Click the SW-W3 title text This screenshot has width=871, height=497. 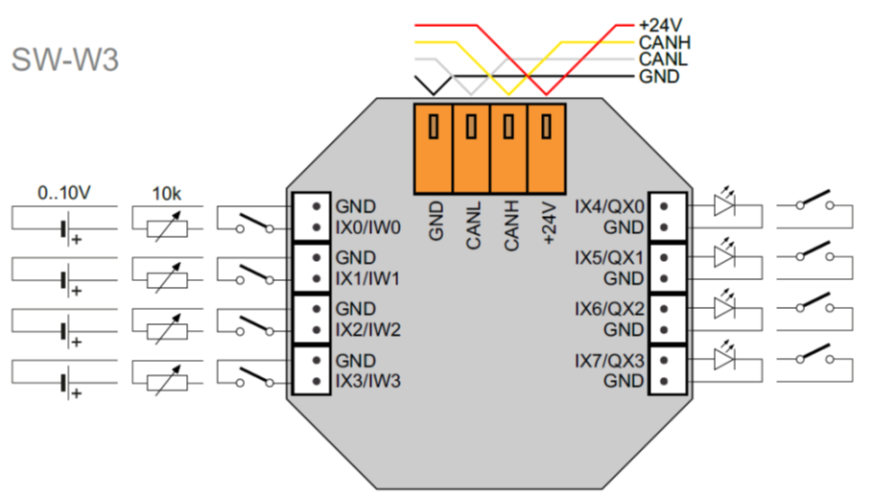pyautogui.click(x=65, y=59)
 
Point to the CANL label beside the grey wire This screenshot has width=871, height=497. pyautogui.click(x=662, y=59)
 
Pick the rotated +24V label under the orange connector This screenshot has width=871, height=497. pyautogui.click(x=548, y=223)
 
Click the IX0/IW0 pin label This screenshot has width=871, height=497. pyautogui.click(x=367, y=227)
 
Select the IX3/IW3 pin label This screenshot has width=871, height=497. pyautogui.click(x=367, y=381)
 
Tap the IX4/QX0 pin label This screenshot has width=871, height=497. pyautogui.click(x=609, y=206)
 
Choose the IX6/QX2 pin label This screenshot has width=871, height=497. pyautogui.click(x=609, y=309)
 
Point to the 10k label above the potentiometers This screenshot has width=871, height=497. pyautogui.click(x=167, y=193)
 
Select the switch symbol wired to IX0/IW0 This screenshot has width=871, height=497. pyautogui.click(x=254, y=222)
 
